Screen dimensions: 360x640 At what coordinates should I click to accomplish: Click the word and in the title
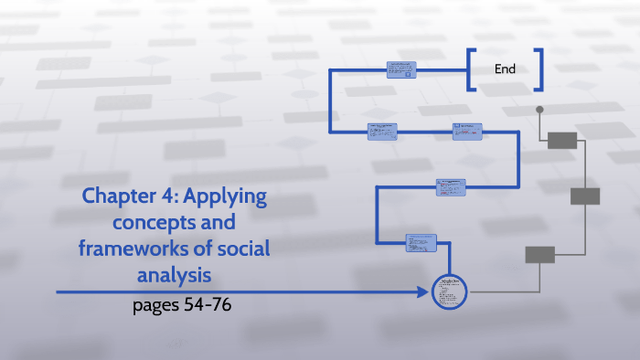click(x=216, y=222)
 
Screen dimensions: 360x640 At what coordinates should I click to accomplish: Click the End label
click(x=505, y=69)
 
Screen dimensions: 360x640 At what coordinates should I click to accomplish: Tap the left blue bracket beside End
click(x=470, y=69)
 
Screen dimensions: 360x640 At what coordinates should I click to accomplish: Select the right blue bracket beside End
click(x=539, y=69)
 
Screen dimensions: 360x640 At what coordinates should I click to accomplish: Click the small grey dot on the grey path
click(x=539, y=110)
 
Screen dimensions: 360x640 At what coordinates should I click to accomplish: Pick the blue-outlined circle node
click(x=449, y=292)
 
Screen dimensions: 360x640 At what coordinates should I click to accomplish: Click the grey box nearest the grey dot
click(x=561, y=140)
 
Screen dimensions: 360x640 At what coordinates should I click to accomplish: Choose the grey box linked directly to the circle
click(x=539, y=255)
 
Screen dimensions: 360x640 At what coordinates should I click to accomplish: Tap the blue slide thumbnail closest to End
click(x=401, y=69)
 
